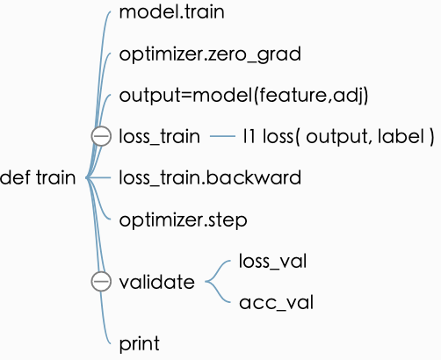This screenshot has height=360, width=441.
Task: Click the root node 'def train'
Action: tap(38, 178)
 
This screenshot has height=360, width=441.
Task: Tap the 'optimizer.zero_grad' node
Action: tap(210, 54)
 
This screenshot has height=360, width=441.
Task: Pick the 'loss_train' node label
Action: tap(160, 136)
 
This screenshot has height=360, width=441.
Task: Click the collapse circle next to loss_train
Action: tap(101, 136)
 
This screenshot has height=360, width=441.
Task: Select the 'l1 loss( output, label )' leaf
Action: tap(338, 136)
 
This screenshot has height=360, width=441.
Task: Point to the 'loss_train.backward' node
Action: tap(210, 177)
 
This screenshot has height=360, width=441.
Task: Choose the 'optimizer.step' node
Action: tap(183, 218)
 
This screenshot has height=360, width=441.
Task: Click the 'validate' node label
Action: tap(156, 282)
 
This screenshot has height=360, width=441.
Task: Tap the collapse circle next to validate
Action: tap(101, 282)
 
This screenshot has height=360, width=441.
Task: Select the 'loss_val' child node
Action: tap(272, 261)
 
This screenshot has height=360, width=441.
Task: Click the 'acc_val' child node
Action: tap(276, 303)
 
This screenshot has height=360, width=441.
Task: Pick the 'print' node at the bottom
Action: tap(139, 343)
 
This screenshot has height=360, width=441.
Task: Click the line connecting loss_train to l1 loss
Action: tap(224, 136)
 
